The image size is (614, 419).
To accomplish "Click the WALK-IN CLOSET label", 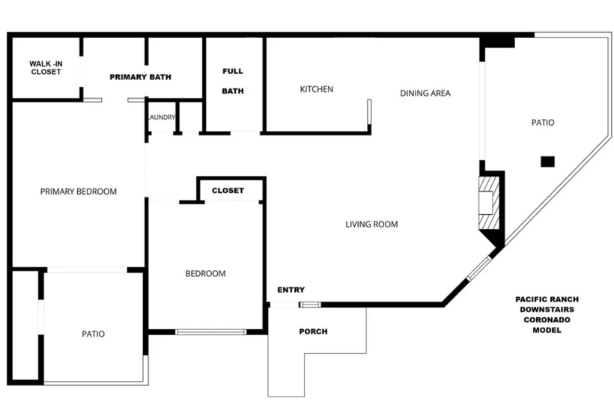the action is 46,67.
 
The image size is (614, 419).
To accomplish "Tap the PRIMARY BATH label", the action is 140,77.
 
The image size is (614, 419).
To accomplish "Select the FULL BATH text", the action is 233,81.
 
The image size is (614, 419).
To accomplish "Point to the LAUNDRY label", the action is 162,117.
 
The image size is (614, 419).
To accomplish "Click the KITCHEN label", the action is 317,89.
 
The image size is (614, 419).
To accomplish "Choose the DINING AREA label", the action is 425,93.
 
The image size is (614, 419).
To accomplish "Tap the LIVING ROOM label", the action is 371,224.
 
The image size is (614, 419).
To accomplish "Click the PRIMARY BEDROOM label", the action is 79,192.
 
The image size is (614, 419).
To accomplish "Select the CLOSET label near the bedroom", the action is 228,191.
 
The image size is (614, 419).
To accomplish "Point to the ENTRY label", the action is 291,290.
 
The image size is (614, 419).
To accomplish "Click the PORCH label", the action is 313,331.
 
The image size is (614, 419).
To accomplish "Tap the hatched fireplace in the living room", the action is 489,203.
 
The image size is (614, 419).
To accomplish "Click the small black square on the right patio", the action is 547,162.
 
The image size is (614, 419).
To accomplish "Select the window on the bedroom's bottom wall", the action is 210,332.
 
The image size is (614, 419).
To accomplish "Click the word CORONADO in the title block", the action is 547,319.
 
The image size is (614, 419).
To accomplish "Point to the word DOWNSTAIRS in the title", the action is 547,310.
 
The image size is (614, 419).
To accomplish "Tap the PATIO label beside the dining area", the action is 543,123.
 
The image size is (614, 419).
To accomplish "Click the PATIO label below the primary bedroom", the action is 93,334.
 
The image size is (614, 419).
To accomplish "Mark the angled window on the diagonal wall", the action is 479,268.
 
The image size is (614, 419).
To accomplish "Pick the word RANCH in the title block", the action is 564,299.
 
